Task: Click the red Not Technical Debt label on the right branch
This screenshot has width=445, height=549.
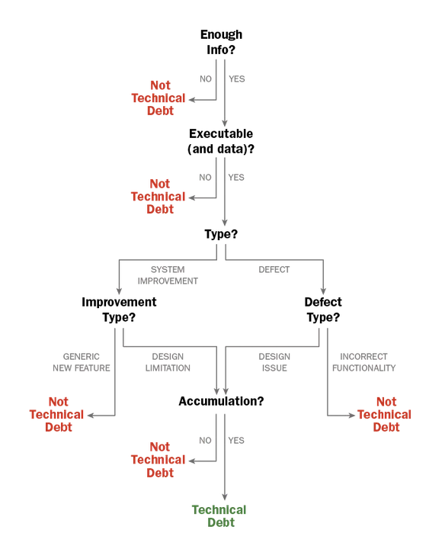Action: [x=392, y=414]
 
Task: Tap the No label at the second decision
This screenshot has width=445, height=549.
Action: [x=204, y=177]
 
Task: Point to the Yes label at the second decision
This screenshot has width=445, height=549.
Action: [x=239, y=177]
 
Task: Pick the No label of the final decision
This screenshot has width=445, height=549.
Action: [x=204, y=439]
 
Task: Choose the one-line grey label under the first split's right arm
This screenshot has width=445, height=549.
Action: [x=274, y=269]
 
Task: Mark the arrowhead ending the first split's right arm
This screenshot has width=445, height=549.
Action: [x=324, y=293]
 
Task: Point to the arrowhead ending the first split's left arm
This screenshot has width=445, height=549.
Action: [x=118, y=293]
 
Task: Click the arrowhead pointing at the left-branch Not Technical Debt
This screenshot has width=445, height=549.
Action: [x=90, y=416]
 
